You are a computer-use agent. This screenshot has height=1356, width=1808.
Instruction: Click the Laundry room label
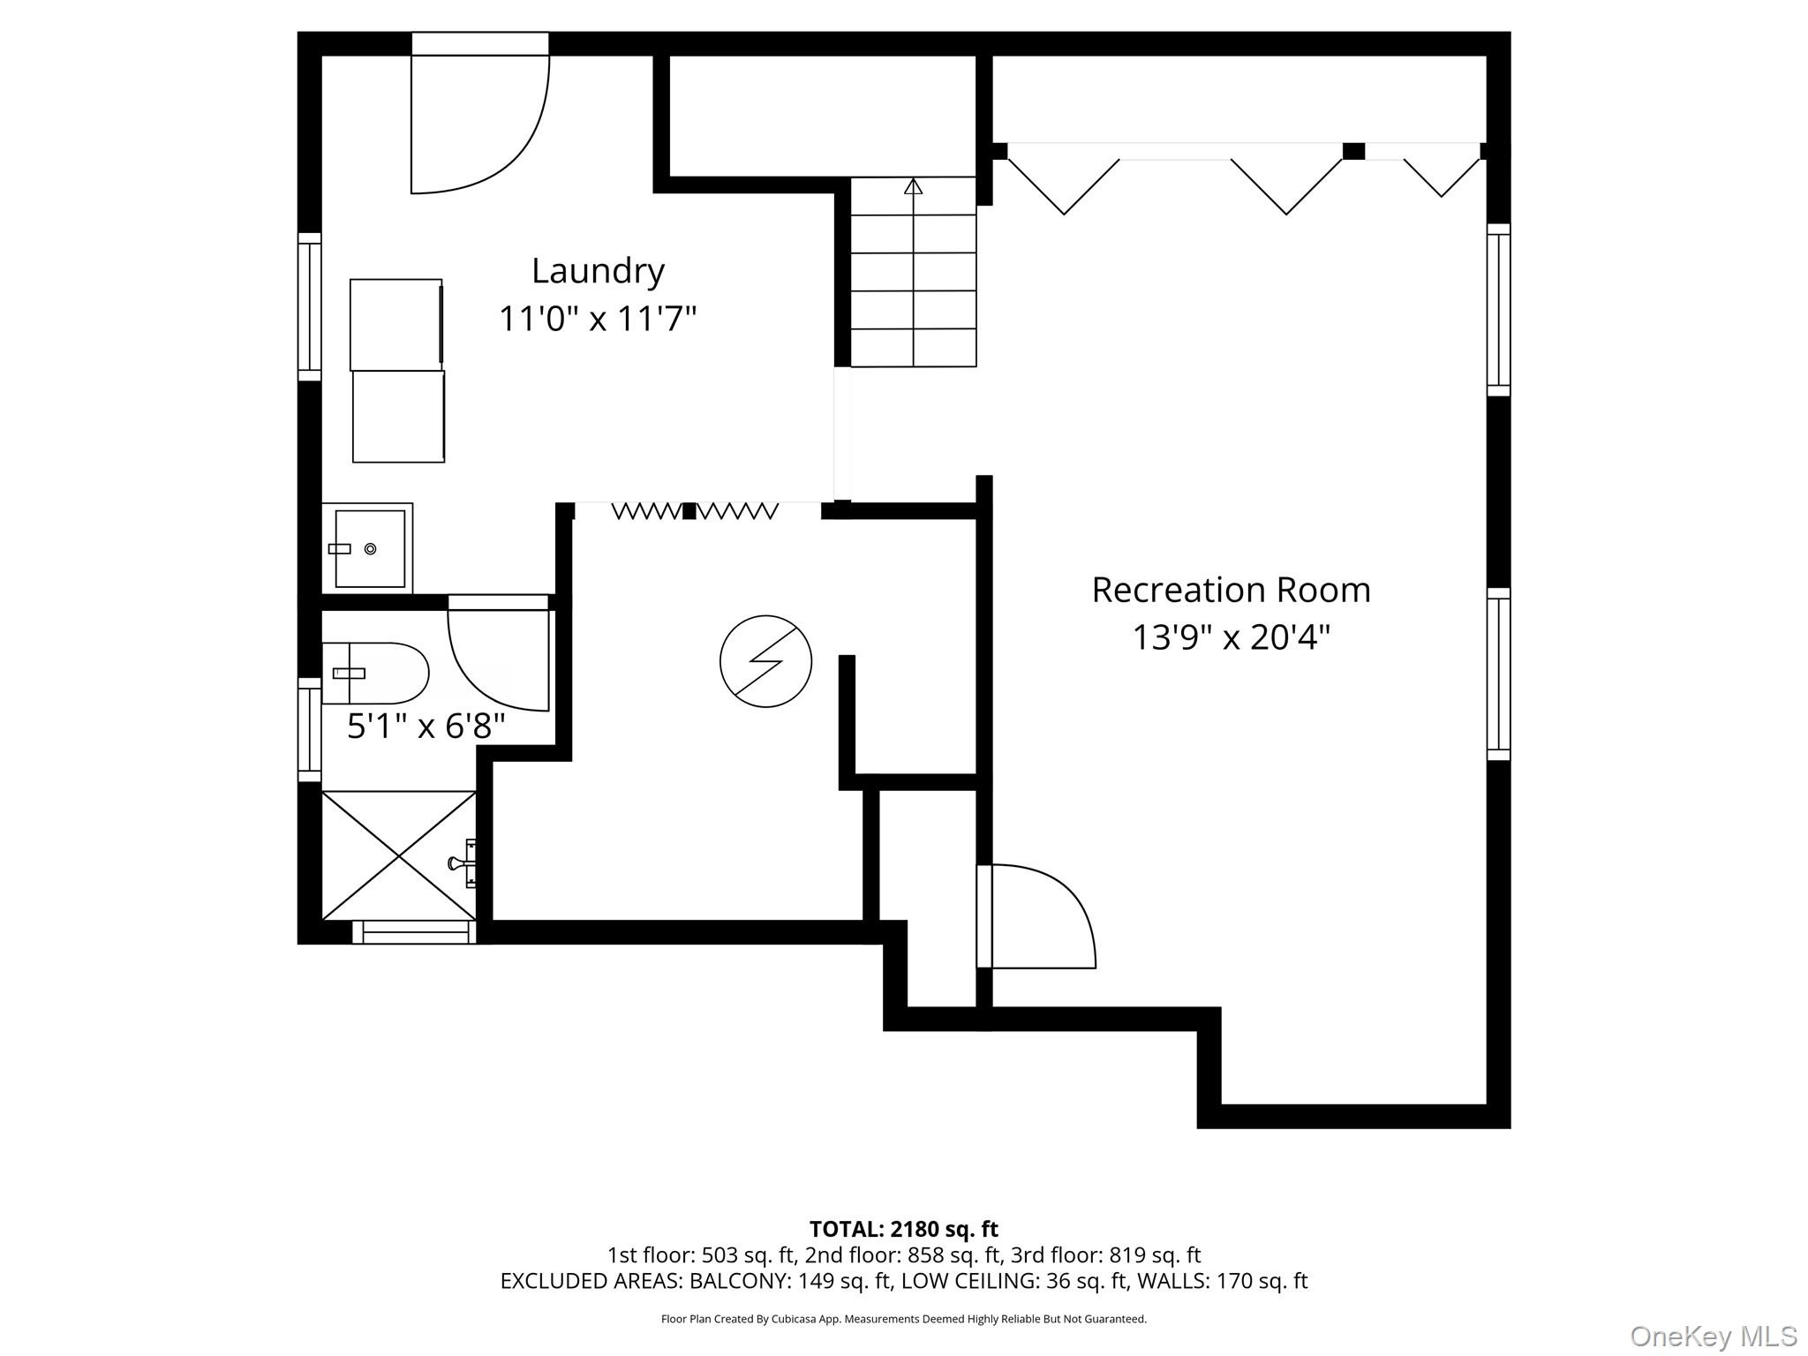(x=598, y=271)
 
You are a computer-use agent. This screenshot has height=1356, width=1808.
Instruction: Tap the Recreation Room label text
(x=1231, y=590)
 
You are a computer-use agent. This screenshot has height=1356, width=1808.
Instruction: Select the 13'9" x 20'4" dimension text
(x=1231, y=637)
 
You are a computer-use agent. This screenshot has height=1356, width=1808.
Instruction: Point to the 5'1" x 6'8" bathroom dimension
(x=426, y=727)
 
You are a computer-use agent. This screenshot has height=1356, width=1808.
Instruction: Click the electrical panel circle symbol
(x=765, y=661)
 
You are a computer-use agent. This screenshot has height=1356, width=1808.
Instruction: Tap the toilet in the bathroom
(x=375, y=673)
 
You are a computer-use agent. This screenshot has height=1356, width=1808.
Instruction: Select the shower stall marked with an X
(x=399, y=855)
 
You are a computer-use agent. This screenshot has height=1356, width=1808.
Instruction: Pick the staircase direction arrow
(x=913, y=187)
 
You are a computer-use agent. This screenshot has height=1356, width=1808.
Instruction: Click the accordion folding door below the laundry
(x=695, y=510)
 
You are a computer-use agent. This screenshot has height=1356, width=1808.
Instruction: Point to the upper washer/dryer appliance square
(x=395, y=324)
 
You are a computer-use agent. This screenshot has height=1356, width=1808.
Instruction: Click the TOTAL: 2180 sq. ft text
(x=903, y=1229)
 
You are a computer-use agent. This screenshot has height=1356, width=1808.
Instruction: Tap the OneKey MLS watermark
(x=1713, y=1337)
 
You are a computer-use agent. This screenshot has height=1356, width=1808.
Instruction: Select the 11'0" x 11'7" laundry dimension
(x=598, y=318)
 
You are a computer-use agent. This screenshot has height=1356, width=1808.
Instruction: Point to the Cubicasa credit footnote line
(x=903, y=1319)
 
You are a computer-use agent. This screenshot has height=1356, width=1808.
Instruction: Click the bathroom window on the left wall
(x=309, y=729)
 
